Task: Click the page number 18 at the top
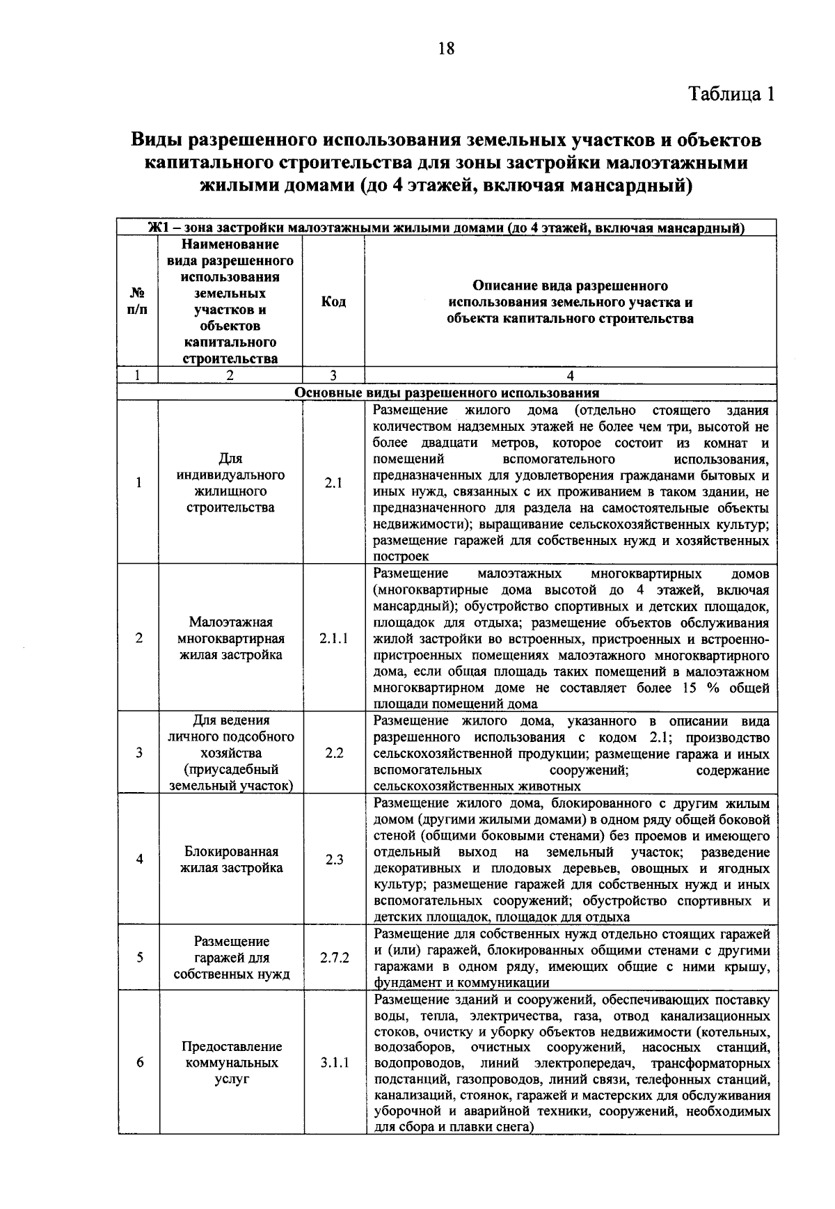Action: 446,48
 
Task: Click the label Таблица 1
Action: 731,94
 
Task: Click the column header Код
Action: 333,302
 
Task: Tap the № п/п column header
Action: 138,302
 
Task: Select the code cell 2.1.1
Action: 334,638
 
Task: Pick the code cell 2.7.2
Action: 334,958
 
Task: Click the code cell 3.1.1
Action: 335,1063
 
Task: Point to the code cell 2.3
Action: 334,860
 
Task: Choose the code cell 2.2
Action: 334,753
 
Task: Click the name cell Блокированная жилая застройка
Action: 231,860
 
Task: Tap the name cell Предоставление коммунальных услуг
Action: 231,1063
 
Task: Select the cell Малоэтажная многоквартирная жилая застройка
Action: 231,638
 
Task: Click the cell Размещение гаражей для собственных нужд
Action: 231,958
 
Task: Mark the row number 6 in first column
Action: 139,1063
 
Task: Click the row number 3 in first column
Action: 139,753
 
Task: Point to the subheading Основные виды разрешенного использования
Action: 447,393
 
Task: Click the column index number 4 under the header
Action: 571,376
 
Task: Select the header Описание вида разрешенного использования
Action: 570,302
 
